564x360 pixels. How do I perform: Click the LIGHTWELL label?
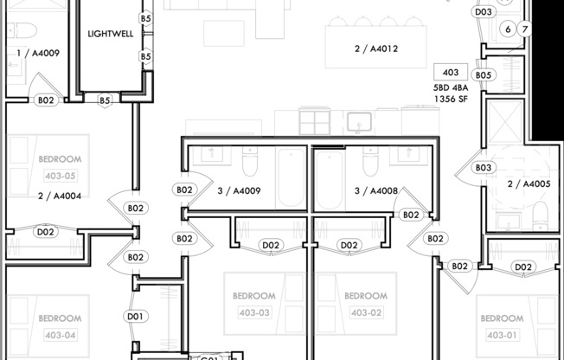pyautogui.click(x=110, y=35)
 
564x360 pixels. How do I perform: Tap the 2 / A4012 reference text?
pyautogui.click(x=376, y=49)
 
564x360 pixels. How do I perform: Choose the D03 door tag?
pyautogui.click(x=484, y=11)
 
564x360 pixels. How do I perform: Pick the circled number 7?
pyautogui.click(x=524, y=29)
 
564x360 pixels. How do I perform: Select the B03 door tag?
pyautogui.click(x=484, y=167)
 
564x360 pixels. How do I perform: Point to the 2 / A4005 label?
pyautogui.click(x=529, y=183)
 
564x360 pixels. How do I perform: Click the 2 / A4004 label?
pyautogui.click(x=60, y=196)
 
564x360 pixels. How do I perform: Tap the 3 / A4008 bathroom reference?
pyautogui.click(x=375, y=191)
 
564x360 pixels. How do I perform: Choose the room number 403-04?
pyautogui.click(x=60, y=334)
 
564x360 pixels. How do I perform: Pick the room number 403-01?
pyautogui.click(x=501, y=334)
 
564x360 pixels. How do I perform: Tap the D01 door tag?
pyautogui.click(x=134, y=316)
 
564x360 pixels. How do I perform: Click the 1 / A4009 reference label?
pyautogui.click(x=38, y=53)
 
